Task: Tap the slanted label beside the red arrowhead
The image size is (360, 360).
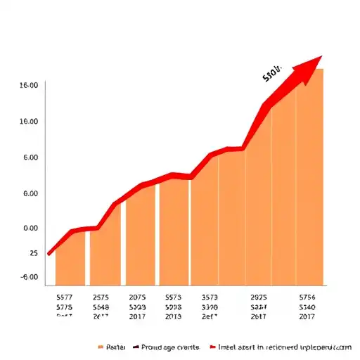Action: pos(271,73)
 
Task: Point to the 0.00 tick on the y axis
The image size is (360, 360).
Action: pos(30,229)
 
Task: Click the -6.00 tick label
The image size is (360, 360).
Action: pos(30,278)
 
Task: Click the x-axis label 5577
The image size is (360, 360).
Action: pos(64,297)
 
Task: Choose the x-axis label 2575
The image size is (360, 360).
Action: pos(101,297)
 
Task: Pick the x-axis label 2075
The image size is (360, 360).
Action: pos(137,297)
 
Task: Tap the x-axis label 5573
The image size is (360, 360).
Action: pos(173,297)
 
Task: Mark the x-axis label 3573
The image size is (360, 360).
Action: pos(210,297)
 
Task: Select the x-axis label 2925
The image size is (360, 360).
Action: pos(259,297)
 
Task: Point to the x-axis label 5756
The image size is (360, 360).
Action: pos(307,297)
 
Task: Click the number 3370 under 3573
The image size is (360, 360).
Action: pos(210,307)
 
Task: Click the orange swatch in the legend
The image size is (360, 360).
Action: pos(101,347)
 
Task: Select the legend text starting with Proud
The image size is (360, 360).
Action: pos(170,347)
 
